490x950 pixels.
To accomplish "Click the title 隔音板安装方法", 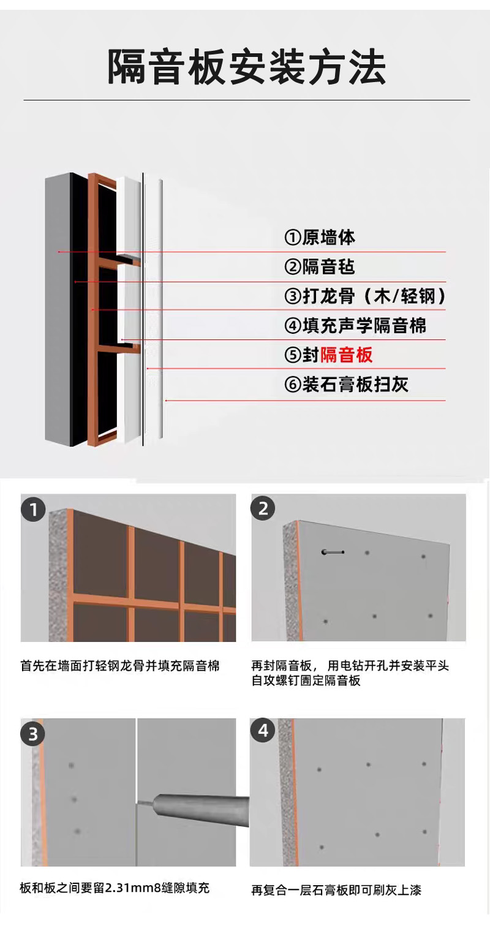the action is (x=246, y=67).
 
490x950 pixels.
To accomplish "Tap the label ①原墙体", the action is (x=320, y=237).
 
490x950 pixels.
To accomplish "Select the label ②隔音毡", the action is (x=320, y=267).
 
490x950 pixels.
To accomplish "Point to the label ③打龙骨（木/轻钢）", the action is (x=365, y=296).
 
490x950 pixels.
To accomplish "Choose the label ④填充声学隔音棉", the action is (x=355, y=326).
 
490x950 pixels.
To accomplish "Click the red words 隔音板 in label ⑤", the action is (x=346, y=355).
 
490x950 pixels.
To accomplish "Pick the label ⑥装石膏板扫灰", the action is (x=346, y=385).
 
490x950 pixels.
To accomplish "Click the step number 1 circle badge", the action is (x=34, y=510).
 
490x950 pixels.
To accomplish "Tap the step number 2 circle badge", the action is (x=263, y=508).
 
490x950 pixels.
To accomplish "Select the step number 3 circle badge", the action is (x=32, y=734).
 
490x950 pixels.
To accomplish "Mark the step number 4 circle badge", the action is (x=263, y=730).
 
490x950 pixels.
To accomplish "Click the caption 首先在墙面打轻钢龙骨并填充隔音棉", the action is (x=120, y=666).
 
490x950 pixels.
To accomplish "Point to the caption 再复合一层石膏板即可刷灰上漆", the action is (x=336, y=890).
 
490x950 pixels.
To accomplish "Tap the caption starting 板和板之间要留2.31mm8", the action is (x=115, y=888).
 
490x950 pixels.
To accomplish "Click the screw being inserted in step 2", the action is (x=333, y=552).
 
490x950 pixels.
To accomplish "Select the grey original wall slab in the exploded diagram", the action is (x=58, y=309).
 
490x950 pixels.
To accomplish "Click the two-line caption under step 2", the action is (x=350, y=673).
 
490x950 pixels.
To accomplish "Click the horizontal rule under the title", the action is (x=246, y=100).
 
